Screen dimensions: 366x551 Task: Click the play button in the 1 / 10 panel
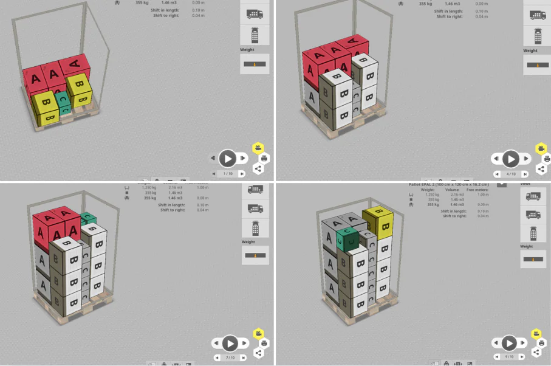point(228,159)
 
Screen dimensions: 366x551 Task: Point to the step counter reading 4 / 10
point(511,174)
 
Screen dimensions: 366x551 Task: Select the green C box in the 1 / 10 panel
point(63,102)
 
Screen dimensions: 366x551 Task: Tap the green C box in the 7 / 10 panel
point(89,218)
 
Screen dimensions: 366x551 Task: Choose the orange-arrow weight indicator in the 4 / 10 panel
point(538,64)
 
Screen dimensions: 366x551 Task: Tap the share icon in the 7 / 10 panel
point(259,353)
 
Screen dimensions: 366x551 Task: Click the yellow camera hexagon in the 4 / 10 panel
point(539,148)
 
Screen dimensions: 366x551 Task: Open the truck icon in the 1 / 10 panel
point(255,13)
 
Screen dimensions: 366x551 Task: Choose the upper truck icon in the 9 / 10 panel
point(533,196)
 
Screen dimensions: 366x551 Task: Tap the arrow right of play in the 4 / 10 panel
point(525,159)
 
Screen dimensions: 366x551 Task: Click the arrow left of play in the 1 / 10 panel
point(213,159)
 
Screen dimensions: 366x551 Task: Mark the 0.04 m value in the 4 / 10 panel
point(481,16)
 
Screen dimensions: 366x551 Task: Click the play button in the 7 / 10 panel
point(230,344)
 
